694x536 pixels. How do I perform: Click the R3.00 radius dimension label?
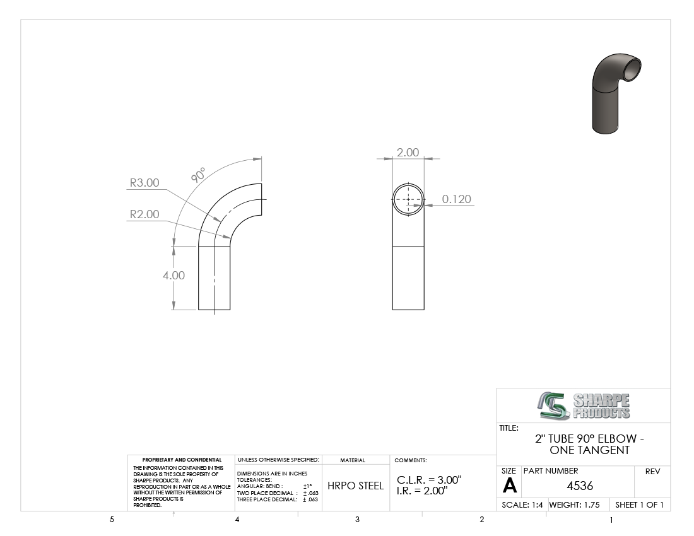click(144, 183)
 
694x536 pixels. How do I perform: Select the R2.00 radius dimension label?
click(144, 214)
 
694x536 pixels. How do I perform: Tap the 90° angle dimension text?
click(198, 175)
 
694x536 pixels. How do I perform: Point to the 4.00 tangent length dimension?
click(173, 276)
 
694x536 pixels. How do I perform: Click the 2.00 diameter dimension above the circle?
click(408, 153)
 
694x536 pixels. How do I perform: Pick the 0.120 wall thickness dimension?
click(457, 199)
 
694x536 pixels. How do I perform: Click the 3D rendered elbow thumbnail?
click(616, 93)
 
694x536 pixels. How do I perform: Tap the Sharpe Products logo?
click(584, 405)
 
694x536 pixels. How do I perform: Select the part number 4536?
click(580, 486)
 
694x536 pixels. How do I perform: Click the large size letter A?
click(510, 486)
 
